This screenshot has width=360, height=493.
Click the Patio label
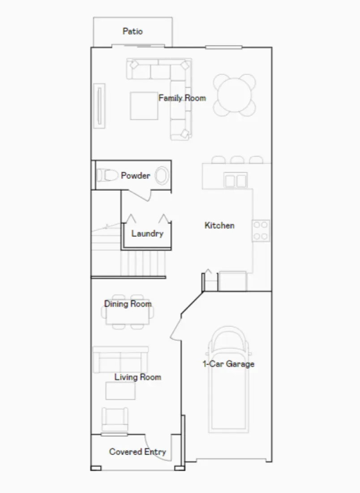click(133, 31)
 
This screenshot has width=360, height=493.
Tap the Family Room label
click(182, 98)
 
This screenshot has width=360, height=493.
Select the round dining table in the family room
click(235, 95)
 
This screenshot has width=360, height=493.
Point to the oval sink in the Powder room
click(162, 176)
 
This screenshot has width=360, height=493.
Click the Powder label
click(135, 176)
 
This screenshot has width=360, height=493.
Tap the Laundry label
click(147, 234)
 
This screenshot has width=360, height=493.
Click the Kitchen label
click(219, 225)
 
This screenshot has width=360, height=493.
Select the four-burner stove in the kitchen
click(261, 231)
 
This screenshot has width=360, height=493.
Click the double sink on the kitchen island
click(236, 180)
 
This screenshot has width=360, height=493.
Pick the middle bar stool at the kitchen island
click(237, 160)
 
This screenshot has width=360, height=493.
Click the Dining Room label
click(128, 304)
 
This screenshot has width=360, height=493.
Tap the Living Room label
click(137, 377)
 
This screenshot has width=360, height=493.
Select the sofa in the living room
click(120, 359)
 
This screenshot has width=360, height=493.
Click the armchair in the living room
click(116, 420)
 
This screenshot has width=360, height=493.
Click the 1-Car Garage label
click(229, 364)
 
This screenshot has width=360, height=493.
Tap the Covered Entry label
click(137, 452)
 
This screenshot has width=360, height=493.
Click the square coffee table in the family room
click(144, 106)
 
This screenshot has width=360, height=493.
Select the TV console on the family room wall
click(99, 106)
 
